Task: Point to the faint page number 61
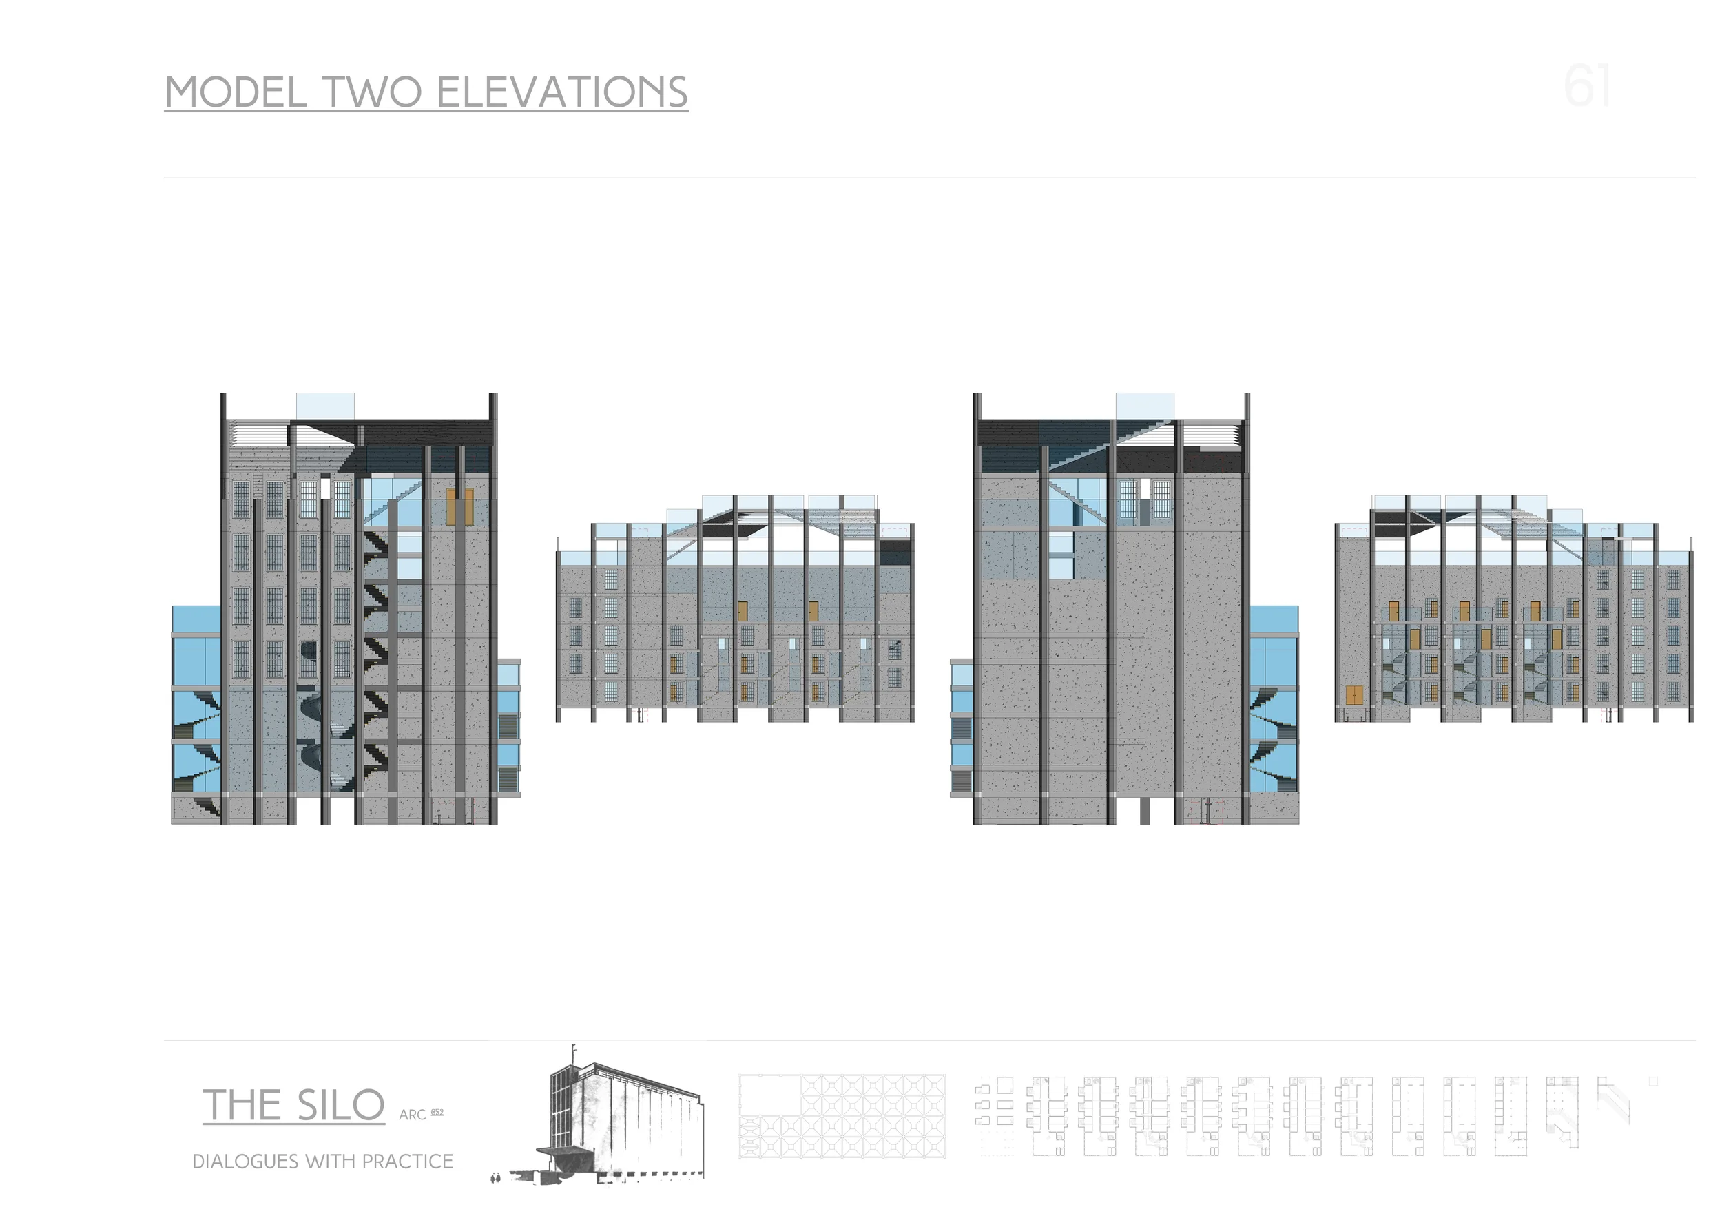tap(1587, 87)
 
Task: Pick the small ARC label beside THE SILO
tap(412, 1115)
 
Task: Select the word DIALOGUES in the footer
tap(245, 1162)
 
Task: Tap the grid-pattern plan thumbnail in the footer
tap(842, 1116)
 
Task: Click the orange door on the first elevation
tap(459, 507)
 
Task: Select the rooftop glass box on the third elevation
tap(1145, 406)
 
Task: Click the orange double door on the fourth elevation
tap(1354, 695)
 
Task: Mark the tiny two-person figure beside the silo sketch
tap(495, 1178)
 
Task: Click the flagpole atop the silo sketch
tap(574, 1051)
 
